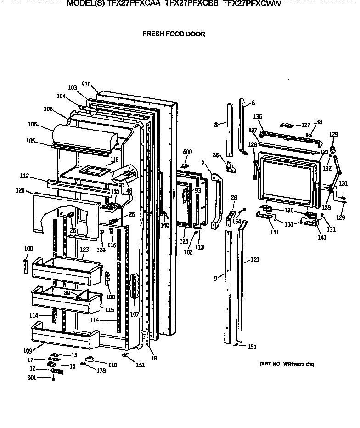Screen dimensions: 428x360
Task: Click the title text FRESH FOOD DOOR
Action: [x=174, y=34]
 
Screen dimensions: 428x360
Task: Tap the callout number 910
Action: [x=86, y=84]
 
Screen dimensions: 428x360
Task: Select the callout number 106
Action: [x=32, y=124]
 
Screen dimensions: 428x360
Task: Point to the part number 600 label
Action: [x=187, y=152]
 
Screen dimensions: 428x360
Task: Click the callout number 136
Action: [x=258, y=116]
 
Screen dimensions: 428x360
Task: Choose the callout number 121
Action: [x=255, y=260]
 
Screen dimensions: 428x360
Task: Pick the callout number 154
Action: [x=236, y=222]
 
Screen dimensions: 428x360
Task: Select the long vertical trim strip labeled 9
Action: [x=228, y=285]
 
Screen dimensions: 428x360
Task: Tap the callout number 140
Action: [x=164, y=225]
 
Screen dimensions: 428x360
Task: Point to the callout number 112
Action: [x=24, y=176]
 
